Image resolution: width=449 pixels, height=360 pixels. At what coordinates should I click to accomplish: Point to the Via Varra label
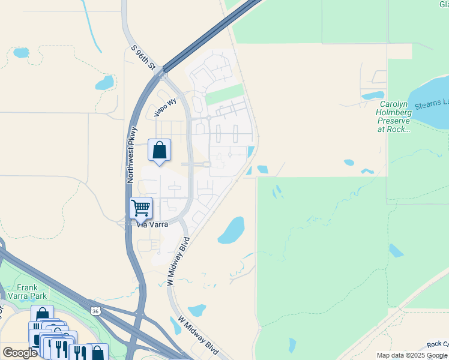click(151, 226)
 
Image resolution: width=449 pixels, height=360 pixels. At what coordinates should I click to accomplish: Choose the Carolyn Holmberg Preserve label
click(393, 116)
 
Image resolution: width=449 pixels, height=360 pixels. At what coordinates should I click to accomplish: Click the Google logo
click(20, 353)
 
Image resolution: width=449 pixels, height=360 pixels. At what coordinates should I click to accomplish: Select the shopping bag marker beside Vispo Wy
click(159, 150)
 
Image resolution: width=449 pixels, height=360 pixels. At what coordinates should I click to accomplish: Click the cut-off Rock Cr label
click(438, 344)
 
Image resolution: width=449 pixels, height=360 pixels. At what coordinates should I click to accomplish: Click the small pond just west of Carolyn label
click(372, 95)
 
